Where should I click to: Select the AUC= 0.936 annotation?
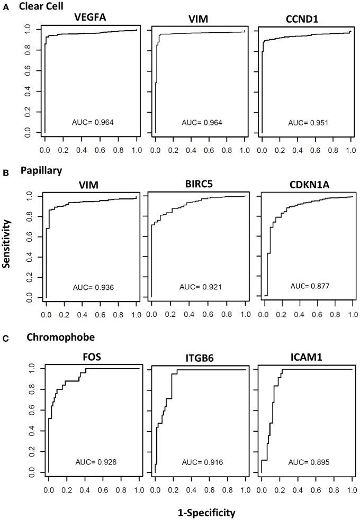pyautogui.click(x=93, y=288)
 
